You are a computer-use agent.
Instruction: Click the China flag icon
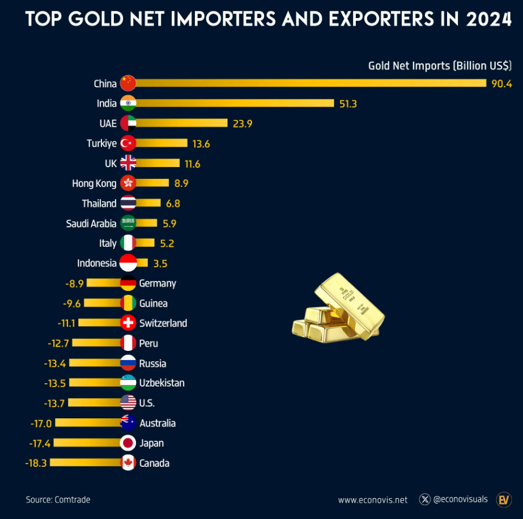[129, 83]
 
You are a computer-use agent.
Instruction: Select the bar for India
[235, 103]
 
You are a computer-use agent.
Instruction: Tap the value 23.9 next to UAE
[242, 123]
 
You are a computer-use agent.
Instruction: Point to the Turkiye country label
[101, 143]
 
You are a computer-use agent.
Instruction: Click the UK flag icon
[129, 163]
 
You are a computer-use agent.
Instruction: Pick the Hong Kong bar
[152, 183]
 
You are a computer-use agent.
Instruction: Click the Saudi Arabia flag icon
[129, 223]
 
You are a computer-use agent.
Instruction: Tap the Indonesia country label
[97, 263]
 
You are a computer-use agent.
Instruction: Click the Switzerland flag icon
[129, 323]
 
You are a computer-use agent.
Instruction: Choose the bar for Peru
[96, 343]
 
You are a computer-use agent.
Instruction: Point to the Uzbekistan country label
[161, 383]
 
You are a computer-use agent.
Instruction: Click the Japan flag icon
[129, 443]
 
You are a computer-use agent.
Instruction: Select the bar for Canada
[86, 463]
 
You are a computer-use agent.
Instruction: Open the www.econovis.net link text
[372, 500]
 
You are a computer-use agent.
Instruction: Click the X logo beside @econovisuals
[425, 499]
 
